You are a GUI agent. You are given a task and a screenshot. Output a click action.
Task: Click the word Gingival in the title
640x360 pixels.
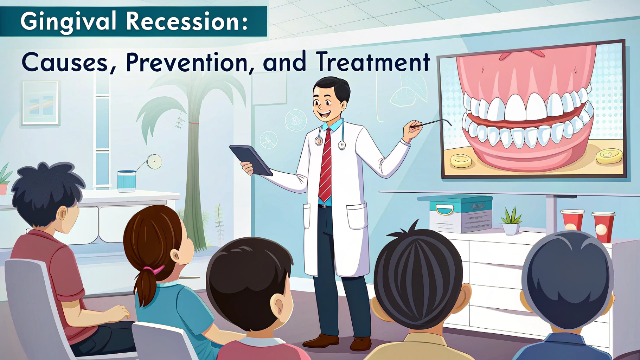(68, 22)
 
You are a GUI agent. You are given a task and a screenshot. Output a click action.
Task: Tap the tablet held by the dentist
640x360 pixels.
(251, 160)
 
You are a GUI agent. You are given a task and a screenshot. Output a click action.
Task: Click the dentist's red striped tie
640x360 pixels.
(325, 165)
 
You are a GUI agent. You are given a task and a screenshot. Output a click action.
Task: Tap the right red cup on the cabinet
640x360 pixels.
(603, 227)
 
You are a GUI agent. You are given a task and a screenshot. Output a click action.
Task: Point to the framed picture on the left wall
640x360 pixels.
(40, 103)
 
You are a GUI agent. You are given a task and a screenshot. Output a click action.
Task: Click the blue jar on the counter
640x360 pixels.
(127, 181)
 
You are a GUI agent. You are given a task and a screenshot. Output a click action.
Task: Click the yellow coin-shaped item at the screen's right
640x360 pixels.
(609, 156)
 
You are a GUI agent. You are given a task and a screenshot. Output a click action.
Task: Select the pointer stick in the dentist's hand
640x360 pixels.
(432, 123)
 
